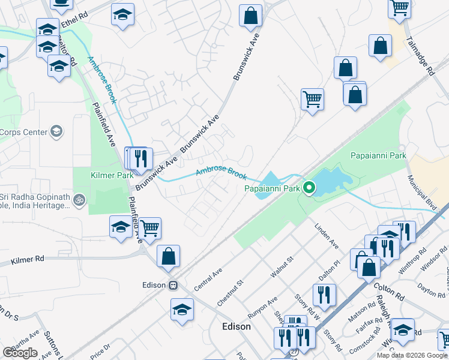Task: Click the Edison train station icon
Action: (173, 285)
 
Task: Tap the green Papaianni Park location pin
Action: (309, 188)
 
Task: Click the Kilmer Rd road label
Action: (28, 260)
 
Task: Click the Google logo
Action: (20, 353)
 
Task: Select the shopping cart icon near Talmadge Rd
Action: (399, 8)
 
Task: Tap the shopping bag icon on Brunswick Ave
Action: (250, 15)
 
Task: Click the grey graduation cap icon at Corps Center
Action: (56, 131)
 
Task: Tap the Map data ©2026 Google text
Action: (412, 355)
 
